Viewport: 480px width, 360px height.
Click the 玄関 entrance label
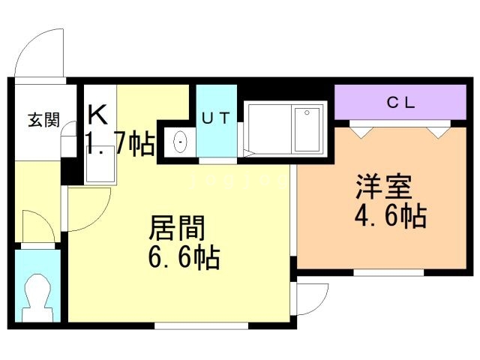coord(43,120)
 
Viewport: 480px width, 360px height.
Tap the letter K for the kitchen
coord(97,115)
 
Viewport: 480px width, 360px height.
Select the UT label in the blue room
coord(216,118)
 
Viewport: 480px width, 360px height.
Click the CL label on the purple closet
coord(401,103)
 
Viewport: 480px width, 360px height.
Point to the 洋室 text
coord(383,187)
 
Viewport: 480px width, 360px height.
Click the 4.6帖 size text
coord(391,217)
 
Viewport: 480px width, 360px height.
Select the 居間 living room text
coord(177,228)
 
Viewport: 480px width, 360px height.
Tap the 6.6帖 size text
coord(184,257)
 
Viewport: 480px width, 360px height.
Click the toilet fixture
coord(37,298)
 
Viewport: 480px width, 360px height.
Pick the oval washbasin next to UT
coord(180,142)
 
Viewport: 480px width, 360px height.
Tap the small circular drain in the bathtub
coord(307,113)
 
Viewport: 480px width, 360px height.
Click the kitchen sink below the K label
coord(100,164)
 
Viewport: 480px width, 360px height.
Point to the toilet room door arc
coord(43,220)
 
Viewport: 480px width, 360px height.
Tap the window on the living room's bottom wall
coord(201,325)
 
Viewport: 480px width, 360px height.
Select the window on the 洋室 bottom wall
coord(388,273)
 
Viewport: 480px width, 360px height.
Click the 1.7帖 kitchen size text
coord(120,143)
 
